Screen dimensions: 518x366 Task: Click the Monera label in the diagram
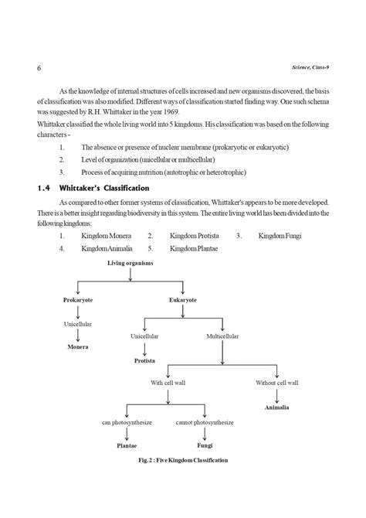[x=76, y=347]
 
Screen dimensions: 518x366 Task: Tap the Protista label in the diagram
[x=145, y=360]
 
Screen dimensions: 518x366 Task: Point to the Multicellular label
[x=222, y=337]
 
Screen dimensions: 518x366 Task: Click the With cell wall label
[x=168, y=382]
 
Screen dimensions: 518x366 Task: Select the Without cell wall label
[x=277, y=382]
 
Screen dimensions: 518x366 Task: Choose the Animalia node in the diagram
[x=276, y=407]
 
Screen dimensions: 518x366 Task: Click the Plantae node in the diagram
[x=127, y=446]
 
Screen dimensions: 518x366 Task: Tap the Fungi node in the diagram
[x=205, y=446]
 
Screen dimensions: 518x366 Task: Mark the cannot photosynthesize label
[x=205, y=422]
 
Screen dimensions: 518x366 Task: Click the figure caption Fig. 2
[x=183, y=461]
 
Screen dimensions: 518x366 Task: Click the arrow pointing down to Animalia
[x=276, y=394]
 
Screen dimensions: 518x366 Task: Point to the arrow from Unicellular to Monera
[x=77, y=336]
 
